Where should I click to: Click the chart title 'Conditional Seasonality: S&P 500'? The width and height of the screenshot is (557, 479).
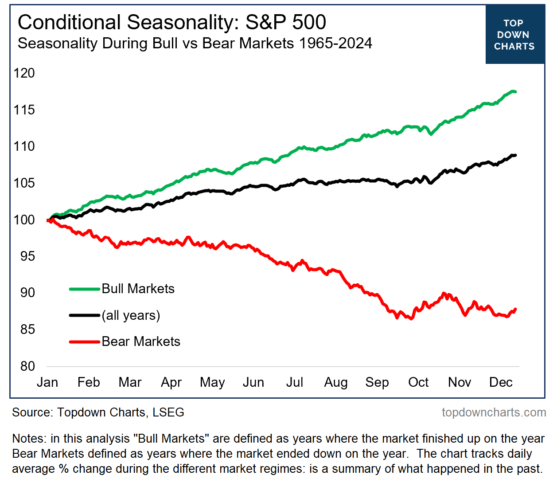point(172,22)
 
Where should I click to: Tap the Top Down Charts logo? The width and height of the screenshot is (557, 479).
point(514,35)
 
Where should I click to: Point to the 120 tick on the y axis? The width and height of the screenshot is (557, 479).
point(24,73)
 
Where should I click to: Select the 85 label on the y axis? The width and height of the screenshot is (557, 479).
point(27,330)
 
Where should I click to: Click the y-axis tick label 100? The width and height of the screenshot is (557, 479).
point(24,220)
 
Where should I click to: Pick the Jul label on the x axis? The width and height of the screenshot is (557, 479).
point(295,382)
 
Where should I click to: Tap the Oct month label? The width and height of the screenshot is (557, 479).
point(418,382)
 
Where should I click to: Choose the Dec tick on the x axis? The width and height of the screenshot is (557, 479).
point(501,382)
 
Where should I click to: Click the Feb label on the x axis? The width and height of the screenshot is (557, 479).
point(89,382)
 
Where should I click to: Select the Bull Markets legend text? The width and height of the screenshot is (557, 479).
point(138,289)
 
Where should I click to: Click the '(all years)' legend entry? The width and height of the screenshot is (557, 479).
point(131,315)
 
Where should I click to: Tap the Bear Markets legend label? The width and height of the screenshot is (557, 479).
point(141,342)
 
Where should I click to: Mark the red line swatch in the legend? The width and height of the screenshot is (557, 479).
point(84,342)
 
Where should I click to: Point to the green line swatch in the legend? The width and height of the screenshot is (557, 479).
point(84,289)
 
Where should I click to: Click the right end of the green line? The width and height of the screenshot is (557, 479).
point(515,92)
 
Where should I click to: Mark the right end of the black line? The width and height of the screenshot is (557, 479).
point(515,155)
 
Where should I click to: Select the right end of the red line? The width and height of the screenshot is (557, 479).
point(515,309)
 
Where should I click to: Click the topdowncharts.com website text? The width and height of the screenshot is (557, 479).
point(494,412)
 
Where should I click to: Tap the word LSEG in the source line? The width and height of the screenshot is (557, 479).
point(168,412)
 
